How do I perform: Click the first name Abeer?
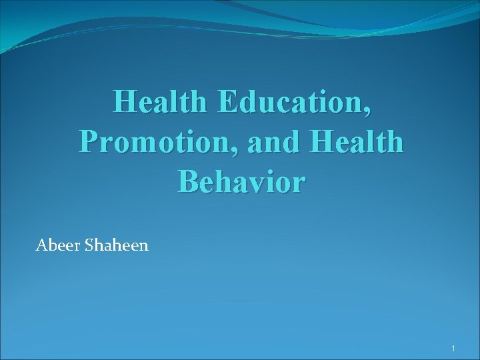(x=57, y=246)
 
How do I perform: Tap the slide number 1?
(x=453, y=349)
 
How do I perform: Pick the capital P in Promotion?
(x=88, y=142)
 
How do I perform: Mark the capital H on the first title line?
(x=125, y=104)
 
